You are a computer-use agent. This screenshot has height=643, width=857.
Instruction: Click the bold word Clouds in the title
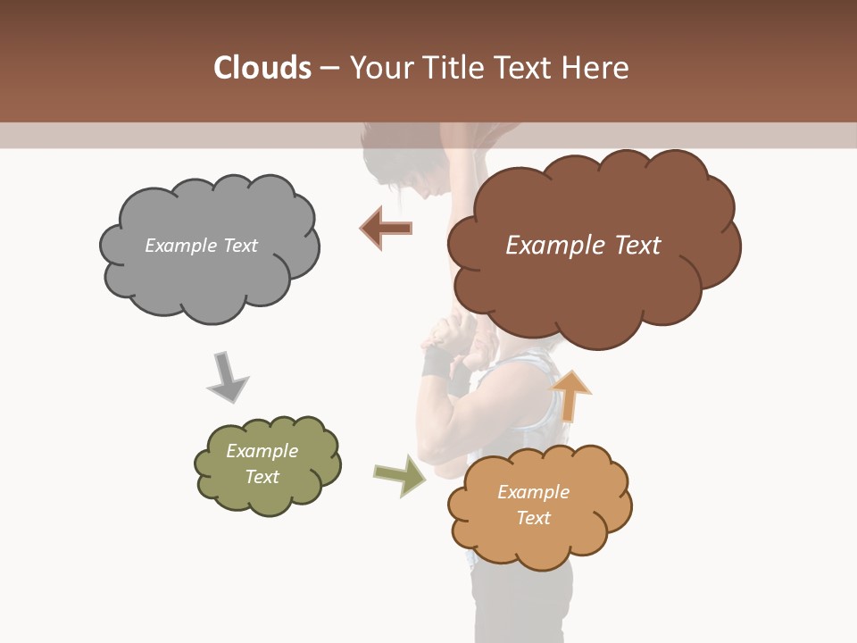click(x=262, y=68)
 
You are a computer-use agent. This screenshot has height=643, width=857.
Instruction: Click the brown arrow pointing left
click(x=386, y=228)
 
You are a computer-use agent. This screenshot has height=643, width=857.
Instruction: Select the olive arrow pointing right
click(x=400, y=475)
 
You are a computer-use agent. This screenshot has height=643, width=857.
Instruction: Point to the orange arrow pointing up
click(x=570, y=396)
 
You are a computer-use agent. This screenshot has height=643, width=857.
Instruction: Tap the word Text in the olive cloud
click(x=262, y=477)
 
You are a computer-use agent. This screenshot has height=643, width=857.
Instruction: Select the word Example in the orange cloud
click(x=533, y=492)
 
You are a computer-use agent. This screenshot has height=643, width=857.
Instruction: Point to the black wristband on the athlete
click(x=438, y=363)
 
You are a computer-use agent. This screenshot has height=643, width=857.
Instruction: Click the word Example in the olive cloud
click(x=262, y=451)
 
